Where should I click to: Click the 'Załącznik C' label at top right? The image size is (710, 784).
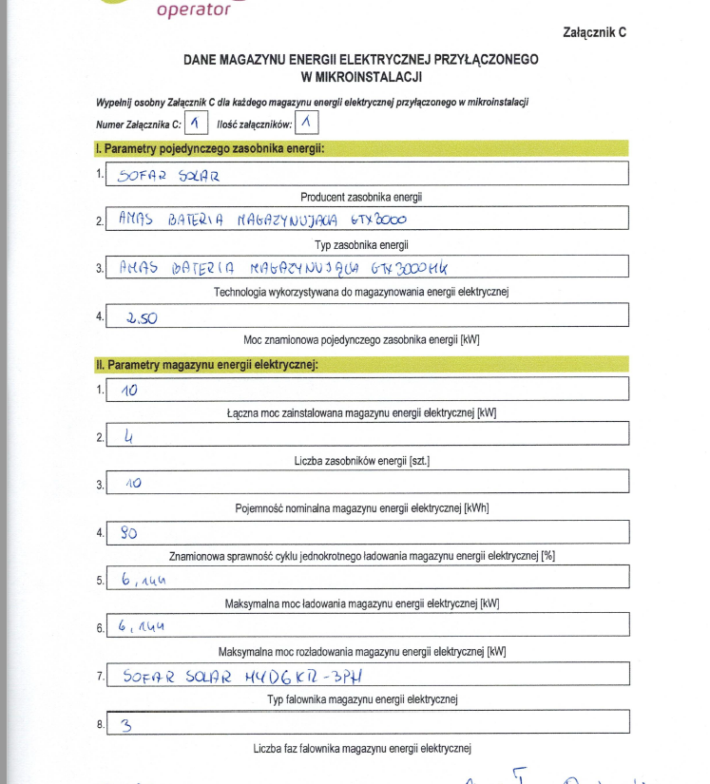click(x=595, y=32)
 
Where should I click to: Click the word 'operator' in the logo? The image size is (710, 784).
click(x=193, y=10)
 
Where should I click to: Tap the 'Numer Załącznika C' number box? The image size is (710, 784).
click(x=196, y=123)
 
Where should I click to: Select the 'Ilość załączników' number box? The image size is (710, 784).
click(x=307, y=123)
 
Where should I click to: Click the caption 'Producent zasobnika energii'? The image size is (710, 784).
click(x=361, y=197)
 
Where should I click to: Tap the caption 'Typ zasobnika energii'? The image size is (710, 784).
click(x=361, y=244)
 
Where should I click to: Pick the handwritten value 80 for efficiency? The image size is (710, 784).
click(x=129, y=533)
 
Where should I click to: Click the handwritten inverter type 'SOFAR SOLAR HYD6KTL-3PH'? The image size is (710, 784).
click(x=243, y=677)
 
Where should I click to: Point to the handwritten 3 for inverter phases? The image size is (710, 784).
click(x=126, y=725)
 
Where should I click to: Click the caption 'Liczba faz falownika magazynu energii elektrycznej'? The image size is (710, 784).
click(x=362, y=748)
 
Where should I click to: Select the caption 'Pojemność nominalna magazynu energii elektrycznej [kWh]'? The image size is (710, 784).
click(x=361, y=508)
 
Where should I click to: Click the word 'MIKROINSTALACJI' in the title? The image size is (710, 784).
click(x=361, y=76)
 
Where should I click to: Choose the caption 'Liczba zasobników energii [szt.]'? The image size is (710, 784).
click(x=361, y=461)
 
